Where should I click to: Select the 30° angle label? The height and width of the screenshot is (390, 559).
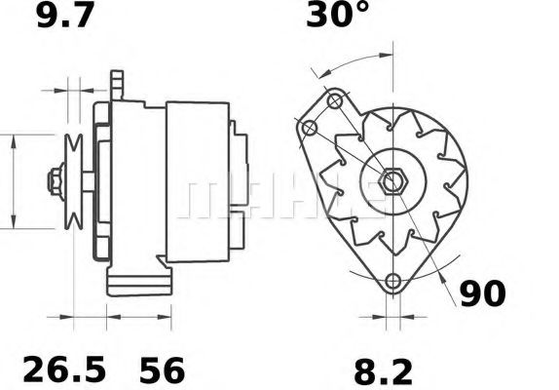pyautogui.click(x=338, y=17)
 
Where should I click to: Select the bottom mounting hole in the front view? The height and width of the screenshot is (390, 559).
pyautogui.click(x=392, y=283)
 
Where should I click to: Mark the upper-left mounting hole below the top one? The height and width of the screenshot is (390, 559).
pyautogui.click(x=310, y=129)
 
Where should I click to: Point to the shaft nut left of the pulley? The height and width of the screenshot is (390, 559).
pyautogui.click(x=53, y=180)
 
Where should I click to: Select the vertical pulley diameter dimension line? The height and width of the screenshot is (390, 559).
pyautogui.click(x=13, y=180)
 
